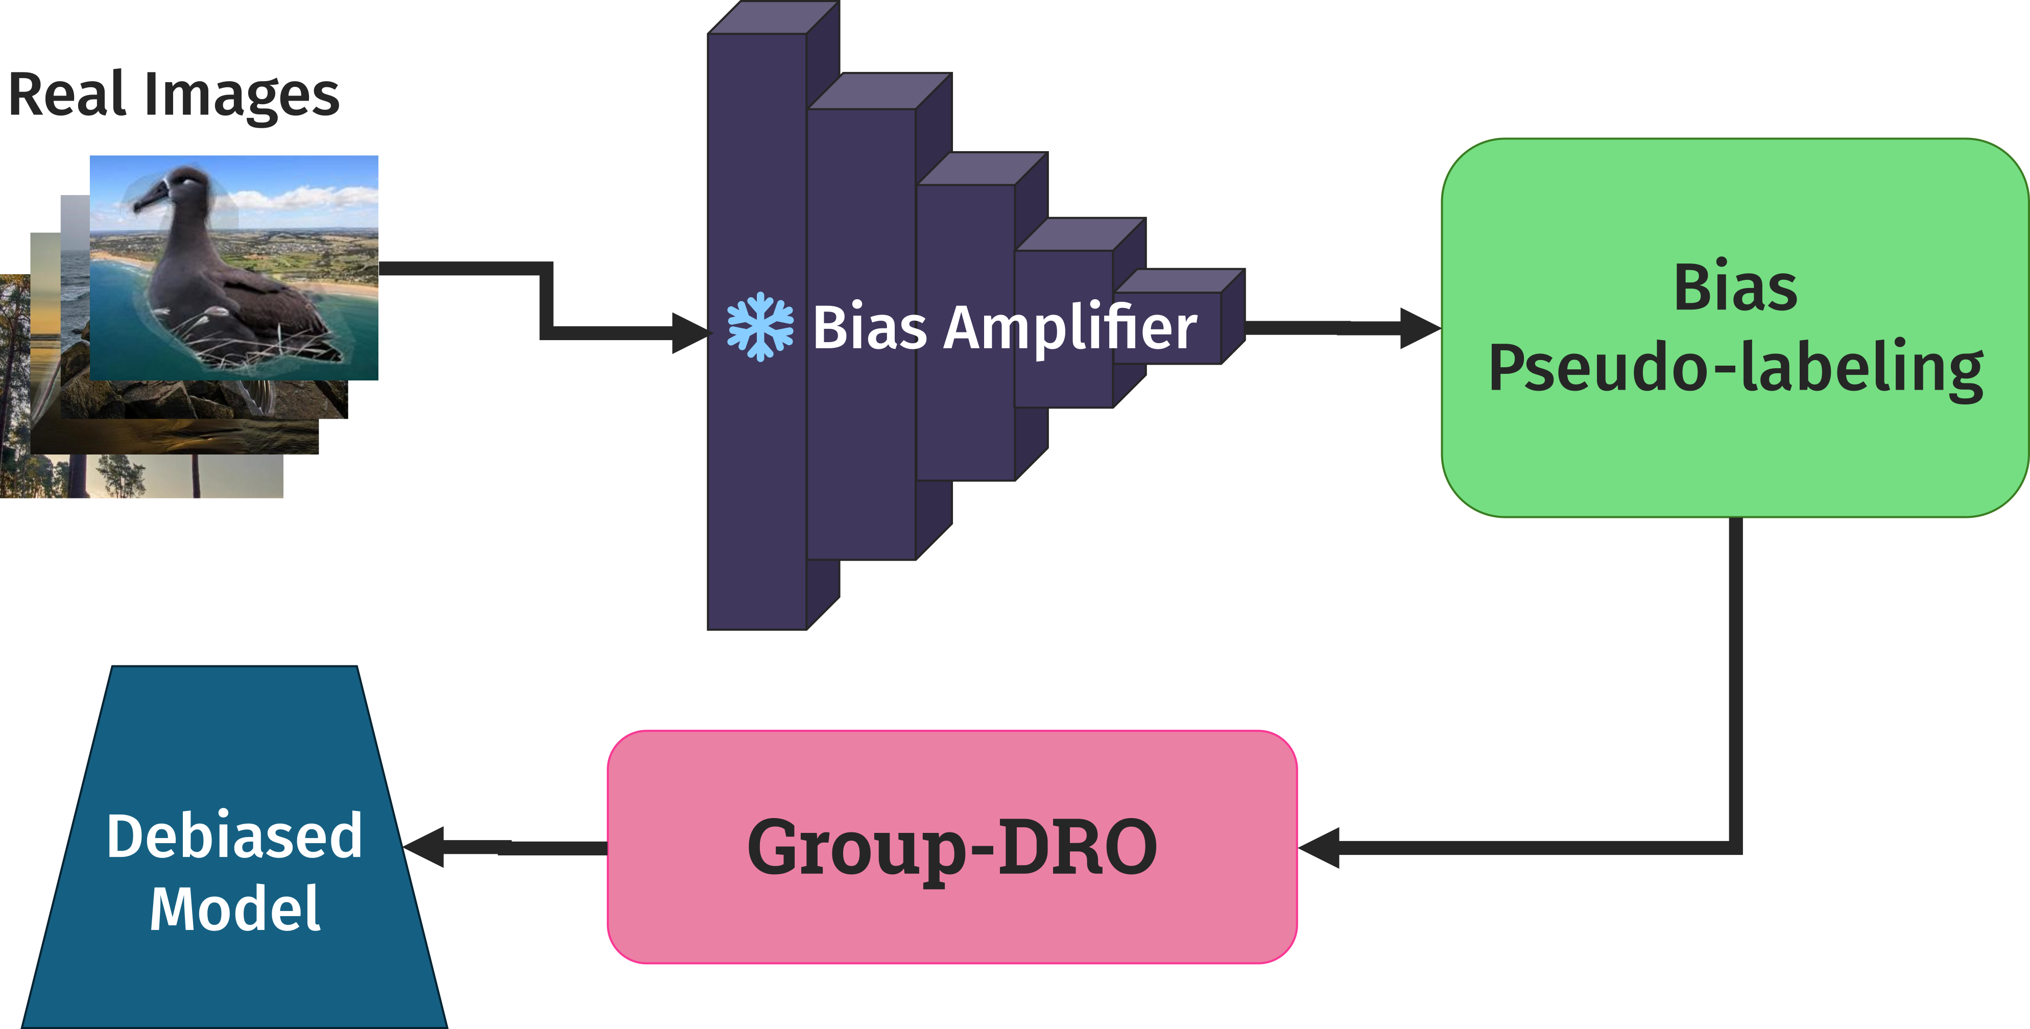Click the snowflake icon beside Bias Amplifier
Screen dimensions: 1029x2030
(760, 327)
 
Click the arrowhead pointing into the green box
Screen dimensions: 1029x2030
(1419, 328)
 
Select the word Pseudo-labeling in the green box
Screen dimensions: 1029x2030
(1735, 368)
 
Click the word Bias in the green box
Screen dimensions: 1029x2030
(1735, 289)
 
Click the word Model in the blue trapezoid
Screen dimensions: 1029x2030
(235, 908)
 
